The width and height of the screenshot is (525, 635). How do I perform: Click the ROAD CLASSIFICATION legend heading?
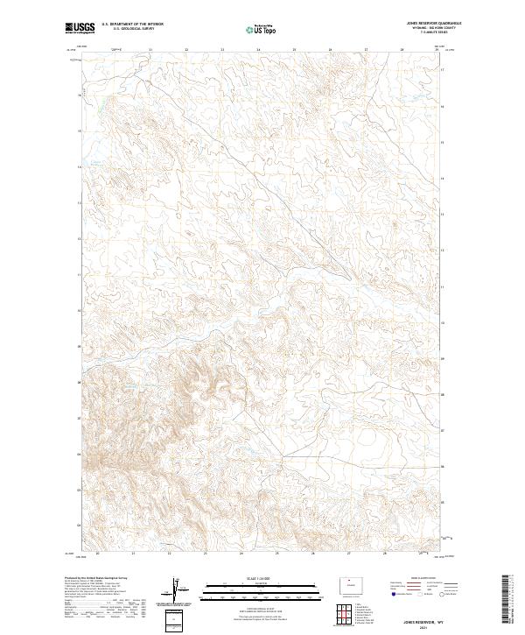pyautogui.click(x=421, y=579)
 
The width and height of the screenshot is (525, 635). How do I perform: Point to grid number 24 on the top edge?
pyautogui.click(x=258, y=50)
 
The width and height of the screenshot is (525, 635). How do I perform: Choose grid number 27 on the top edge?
pyautogui.click(x=366, y=50)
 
